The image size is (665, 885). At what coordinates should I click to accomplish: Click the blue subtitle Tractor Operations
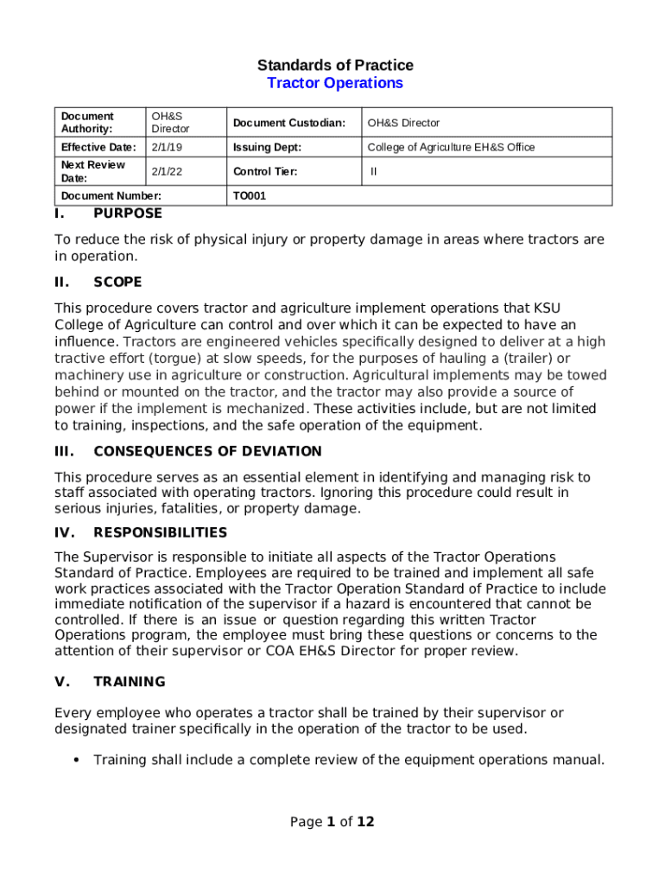click(x=335, y=83)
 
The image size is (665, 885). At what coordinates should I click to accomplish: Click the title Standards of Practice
click(x=335, y=65)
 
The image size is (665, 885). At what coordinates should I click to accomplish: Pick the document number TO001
click(x=250, y=196)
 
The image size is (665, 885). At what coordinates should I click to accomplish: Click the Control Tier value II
click(x=373, y=171)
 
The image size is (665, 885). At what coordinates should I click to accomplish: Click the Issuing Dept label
click(x=266, y=147)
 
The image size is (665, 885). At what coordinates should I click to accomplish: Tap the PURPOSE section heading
click(x=128, y=213)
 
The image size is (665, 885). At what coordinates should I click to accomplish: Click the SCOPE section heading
click(x=117, y=282)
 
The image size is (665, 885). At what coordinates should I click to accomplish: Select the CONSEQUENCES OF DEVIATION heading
click(x=207, y=451)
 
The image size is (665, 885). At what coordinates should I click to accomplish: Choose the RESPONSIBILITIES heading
click(x=161, y=532)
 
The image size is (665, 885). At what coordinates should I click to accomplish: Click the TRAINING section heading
click(x=130, y=682)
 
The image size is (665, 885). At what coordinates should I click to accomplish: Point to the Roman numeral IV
click(x=63, y=532)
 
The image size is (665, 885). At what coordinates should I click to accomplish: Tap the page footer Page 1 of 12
click(x=332, y=822)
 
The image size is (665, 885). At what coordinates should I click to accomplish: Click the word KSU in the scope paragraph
click(x=549, y=308)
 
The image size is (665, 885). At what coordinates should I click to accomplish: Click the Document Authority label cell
click(x=87, y=123)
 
